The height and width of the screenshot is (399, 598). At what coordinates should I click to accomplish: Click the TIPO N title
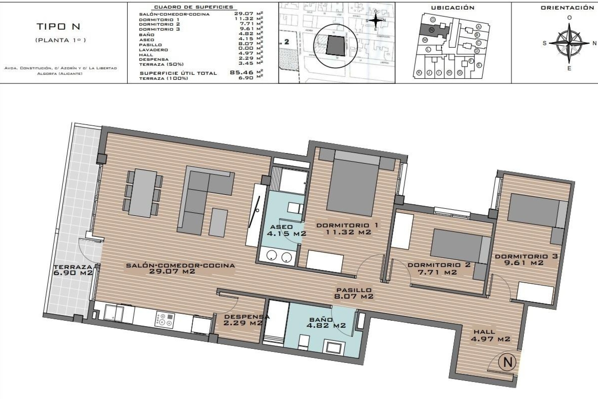(x=59, y=27)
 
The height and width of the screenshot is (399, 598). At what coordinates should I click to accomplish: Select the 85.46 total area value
(x=240, y=73)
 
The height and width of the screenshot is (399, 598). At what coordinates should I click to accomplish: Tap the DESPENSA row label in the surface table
(x=154, y=59)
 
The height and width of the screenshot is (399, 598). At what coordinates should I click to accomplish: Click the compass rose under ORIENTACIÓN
(x=569, y=43)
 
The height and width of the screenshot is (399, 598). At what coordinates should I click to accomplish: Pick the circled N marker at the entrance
(x=507, y=362)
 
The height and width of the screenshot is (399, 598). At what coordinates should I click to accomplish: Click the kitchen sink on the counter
(x=113, y=313)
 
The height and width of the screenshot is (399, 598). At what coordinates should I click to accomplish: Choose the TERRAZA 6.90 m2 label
(x=74, y=270)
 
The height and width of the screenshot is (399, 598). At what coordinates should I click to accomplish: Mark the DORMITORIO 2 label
(x=439, y=268)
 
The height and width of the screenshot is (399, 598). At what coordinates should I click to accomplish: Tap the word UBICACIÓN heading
(x=452, y=8)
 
